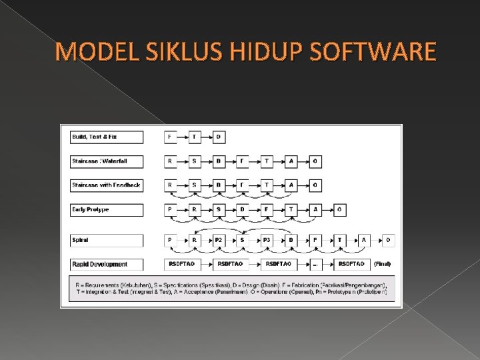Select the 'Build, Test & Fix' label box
pos(107,137)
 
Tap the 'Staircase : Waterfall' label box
pos(107,161)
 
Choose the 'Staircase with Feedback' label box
pos(107,185)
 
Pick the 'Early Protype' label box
pos(107,209)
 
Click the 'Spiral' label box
pos(107,239)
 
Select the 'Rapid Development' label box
pos(107,264)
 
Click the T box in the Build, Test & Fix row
pos(194,137)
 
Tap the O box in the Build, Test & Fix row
pos(218,137)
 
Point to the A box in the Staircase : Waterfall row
pos(291,161)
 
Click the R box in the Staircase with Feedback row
pos(171,185)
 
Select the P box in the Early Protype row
pos(171,209)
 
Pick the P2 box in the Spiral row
pos(218,239)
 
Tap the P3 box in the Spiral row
pos(266,239)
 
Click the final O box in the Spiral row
pos(388,239)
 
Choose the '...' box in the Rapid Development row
pos(315,264)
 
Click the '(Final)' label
pos(383,264)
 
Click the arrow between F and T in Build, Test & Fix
pos(182,137)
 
